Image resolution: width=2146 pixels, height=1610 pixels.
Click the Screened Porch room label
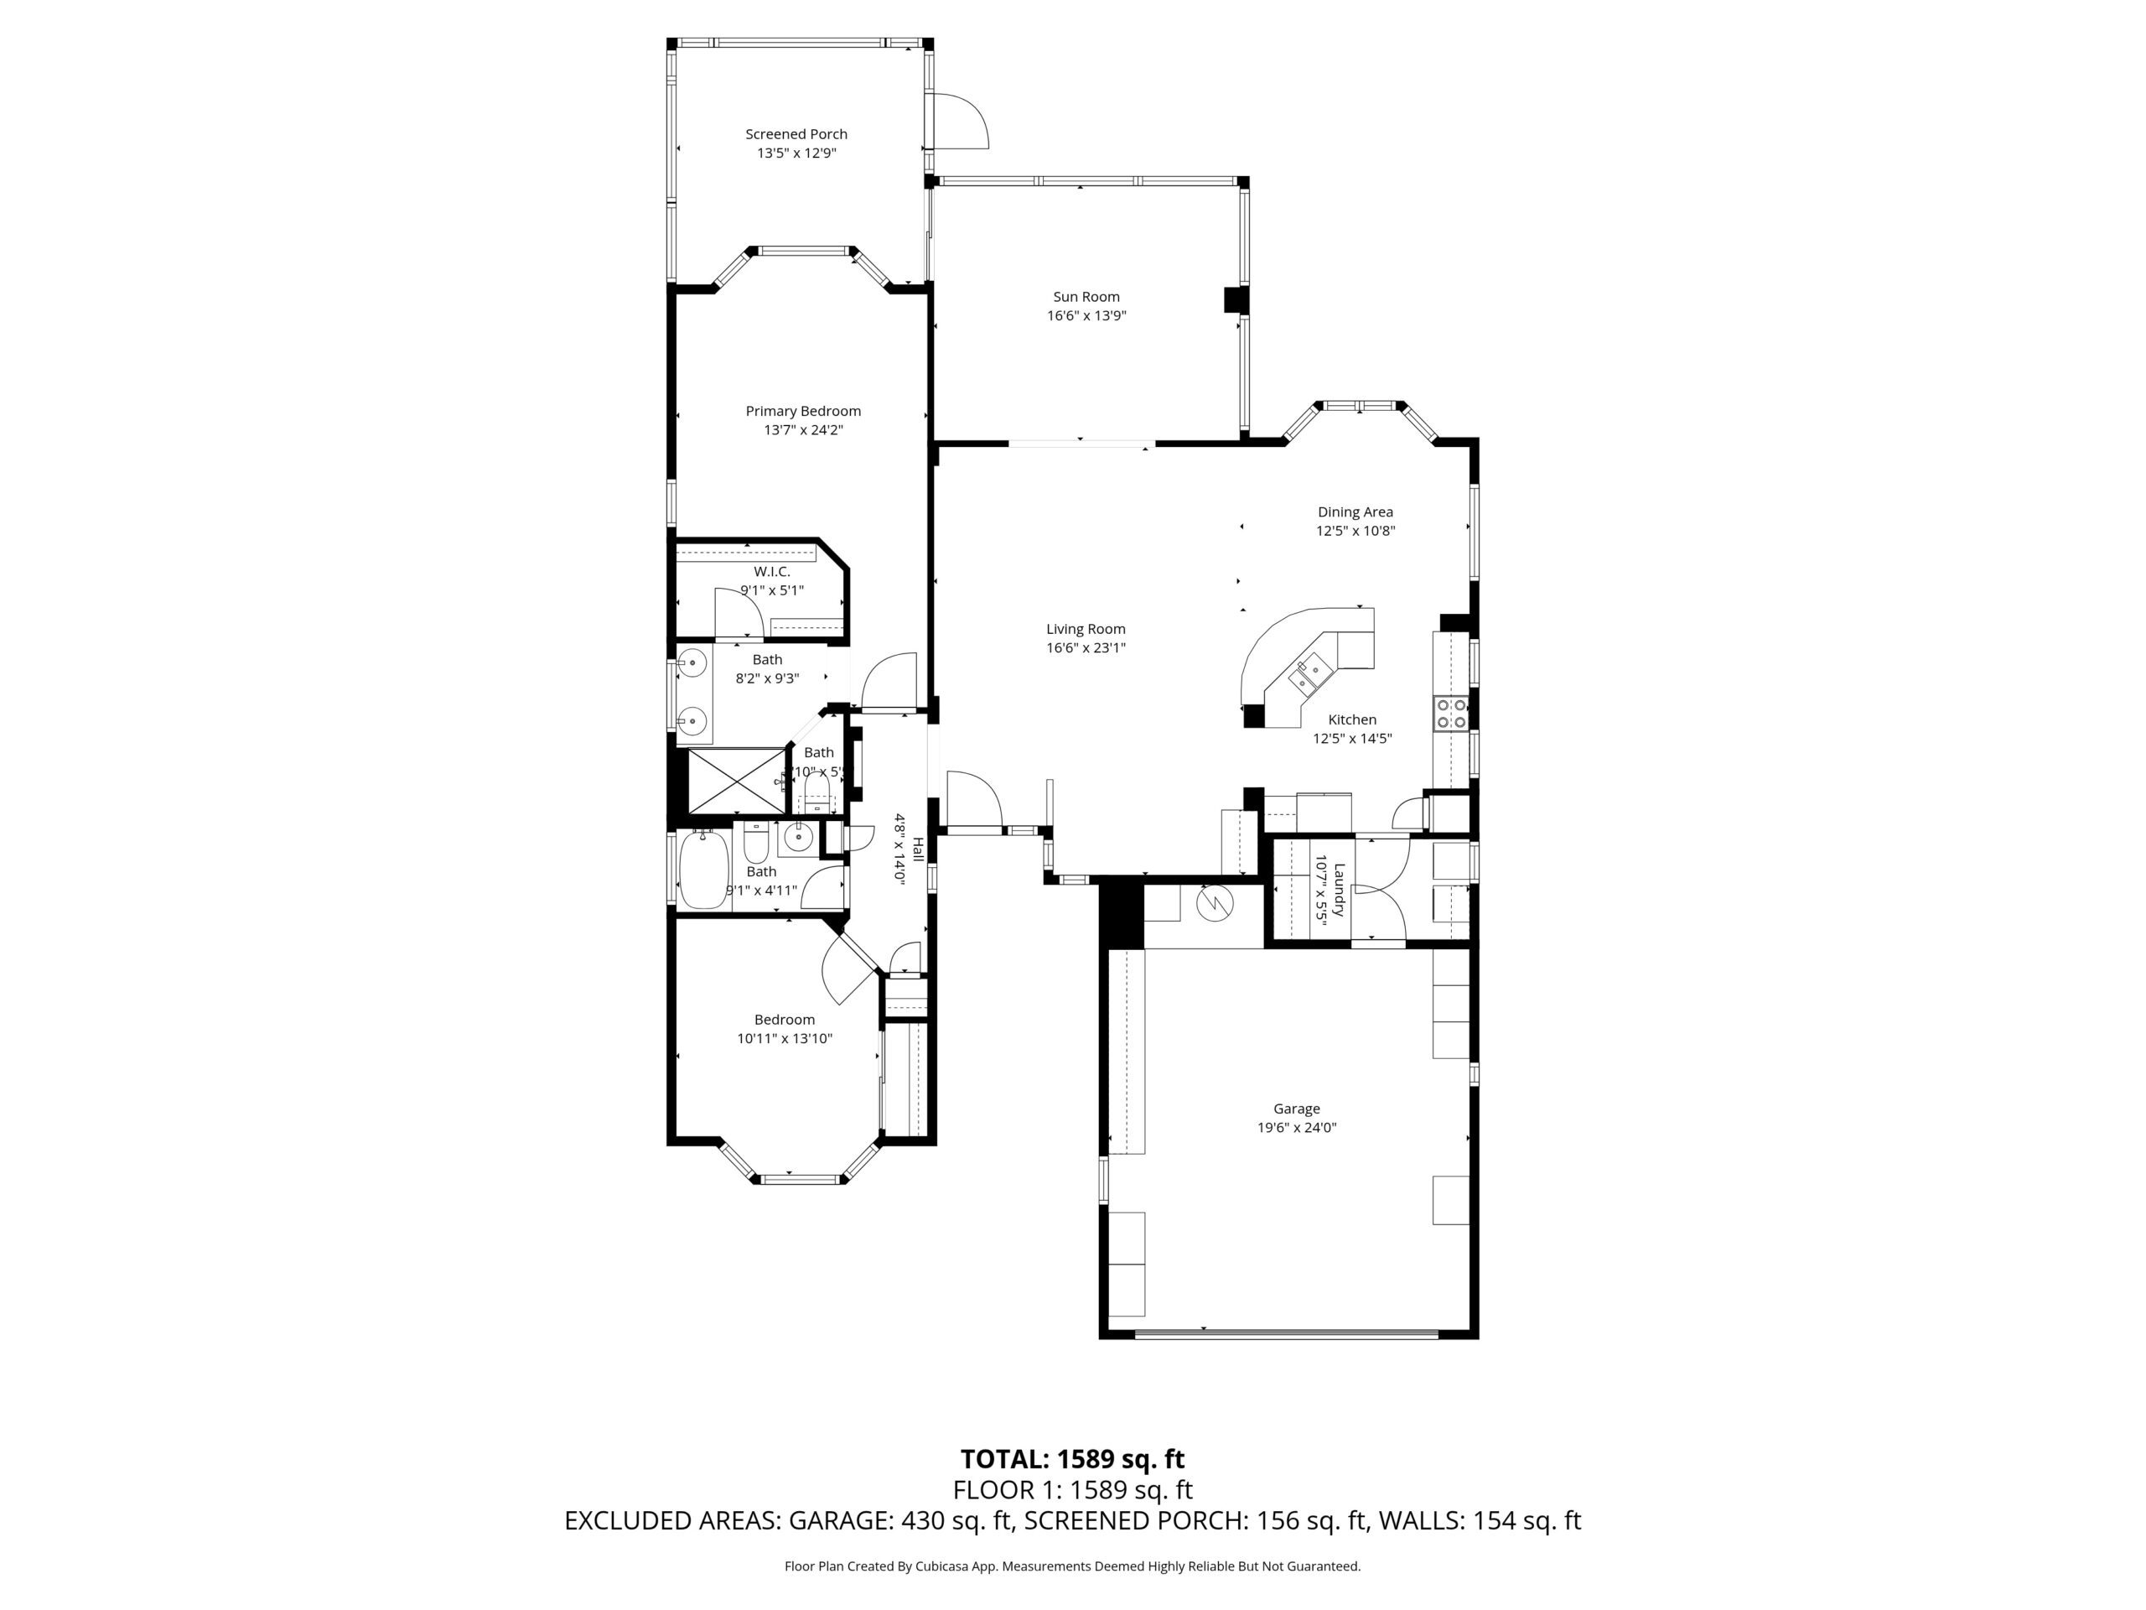[796, 134]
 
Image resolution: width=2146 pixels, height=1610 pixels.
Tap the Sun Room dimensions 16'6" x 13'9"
[1086, 315]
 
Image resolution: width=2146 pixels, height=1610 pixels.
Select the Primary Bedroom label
[802, 411]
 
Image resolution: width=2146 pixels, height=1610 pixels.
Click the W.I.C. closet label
[771, 572]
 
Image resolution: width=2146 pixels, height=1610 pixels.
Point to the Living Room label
[1085, 629]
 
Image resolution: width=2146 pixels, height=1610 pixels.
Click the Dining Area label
[1355, 512]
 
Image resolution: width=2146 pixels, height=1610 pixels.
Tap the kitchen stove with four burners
[1451, 714]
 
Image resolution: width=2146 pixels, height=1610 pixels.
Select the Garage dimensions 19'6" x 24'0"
[1296, 1128]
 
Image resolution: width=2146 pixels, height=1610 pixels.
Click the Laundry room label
[1339, 890]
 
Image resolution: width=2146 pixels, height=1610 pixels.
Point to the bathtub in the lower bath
[703, 870]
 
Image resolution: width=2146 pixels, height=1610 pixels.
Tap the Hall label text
[917, 849]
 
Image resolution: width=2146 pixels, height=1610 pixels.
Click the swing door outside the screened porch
[958, 122]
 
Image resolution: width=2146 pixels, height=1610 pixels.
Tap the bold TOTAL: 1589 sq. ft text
[1072, 1458]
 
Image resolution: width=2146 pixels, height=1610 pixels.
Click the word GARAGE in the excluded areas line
[838, 1519]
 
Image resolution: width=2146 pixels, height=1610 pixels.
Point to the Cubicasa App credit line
[1072, 1566]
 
